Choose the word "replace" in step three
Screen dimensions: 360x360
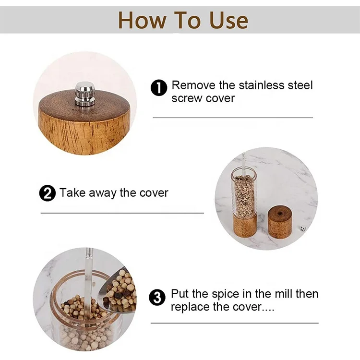tap(190, 307)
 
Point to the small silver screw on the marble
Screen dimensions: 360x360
tap(302, 229)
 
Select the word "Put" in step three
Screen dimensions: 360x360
tap(180, 294)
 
